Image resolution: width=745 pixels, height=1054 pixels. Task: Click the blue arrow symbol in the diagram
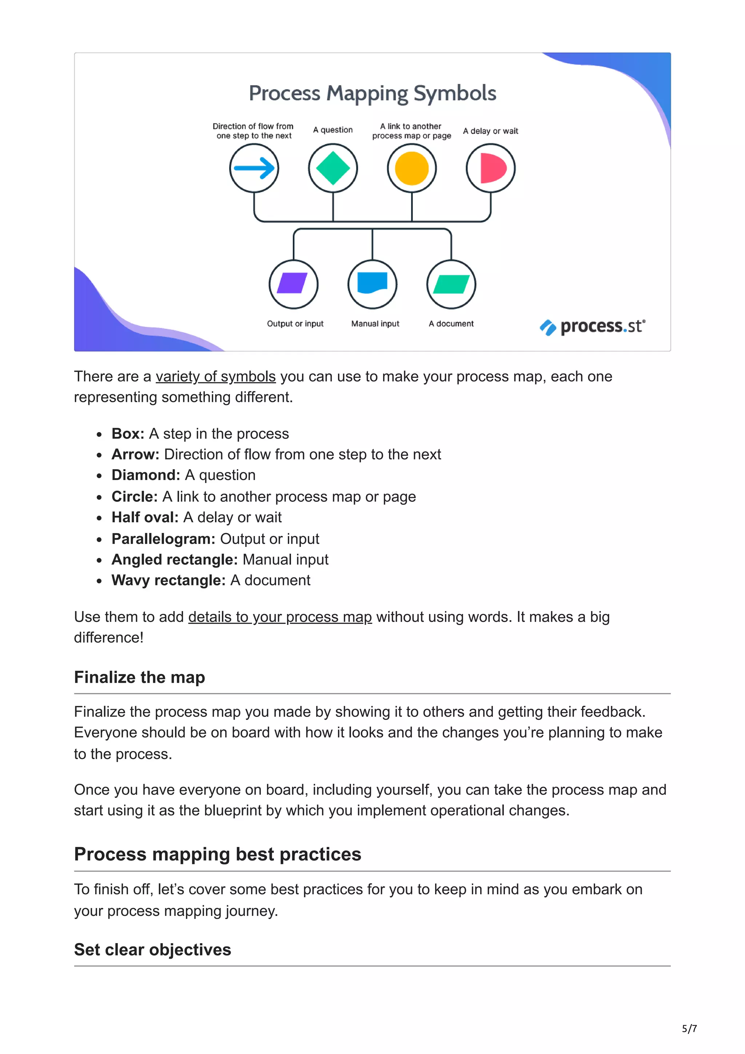tap(254, 168)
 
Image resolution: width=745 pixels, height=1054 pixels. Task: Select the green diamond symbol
tap(333, 168)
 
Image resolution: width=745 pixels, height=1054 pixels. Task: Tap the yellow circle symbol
tap(412, 168)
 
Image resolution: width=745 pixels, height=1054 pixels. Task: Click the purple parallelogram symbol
tap(293, 283)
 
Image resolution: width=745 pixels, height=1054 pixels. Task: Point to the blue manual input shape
tap(372, 283)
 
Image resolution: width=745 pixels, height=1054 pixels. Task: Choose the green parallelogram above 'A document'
tap(451, 284)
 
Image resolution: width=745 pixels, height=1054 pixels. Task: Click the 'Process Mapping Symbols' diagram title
tap(372, 93)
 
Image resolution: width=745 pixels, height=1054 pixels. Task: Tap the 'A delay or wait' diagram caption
tap(490, 131)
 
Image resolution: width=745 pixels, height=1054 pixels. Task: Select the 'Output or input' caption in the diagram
tap(295, 324)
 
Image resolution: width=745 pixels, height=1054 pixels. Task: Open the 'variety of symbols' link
tap(215, 376)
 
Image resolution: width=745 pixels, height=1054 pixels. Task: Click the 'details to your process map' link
tap(279, 616)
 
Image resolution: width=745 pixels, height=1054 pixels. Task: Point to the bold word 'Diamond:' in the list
tap(146, 475)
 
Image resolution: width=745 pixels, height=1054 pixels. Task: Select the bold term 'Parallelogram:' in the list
tap(163, 539)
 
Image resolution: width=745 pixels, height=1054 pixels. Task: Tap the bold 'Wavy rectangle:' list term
tap(168, 580)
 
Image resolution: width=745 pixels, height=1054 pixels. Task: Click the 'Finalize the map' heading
tap(140, 677)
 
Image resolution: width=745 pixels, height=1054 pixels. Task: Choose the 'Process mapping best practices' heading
tap(218, 854)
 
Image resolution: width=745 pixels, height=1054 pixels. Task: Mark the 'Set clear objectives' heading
tap(152, 949)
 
